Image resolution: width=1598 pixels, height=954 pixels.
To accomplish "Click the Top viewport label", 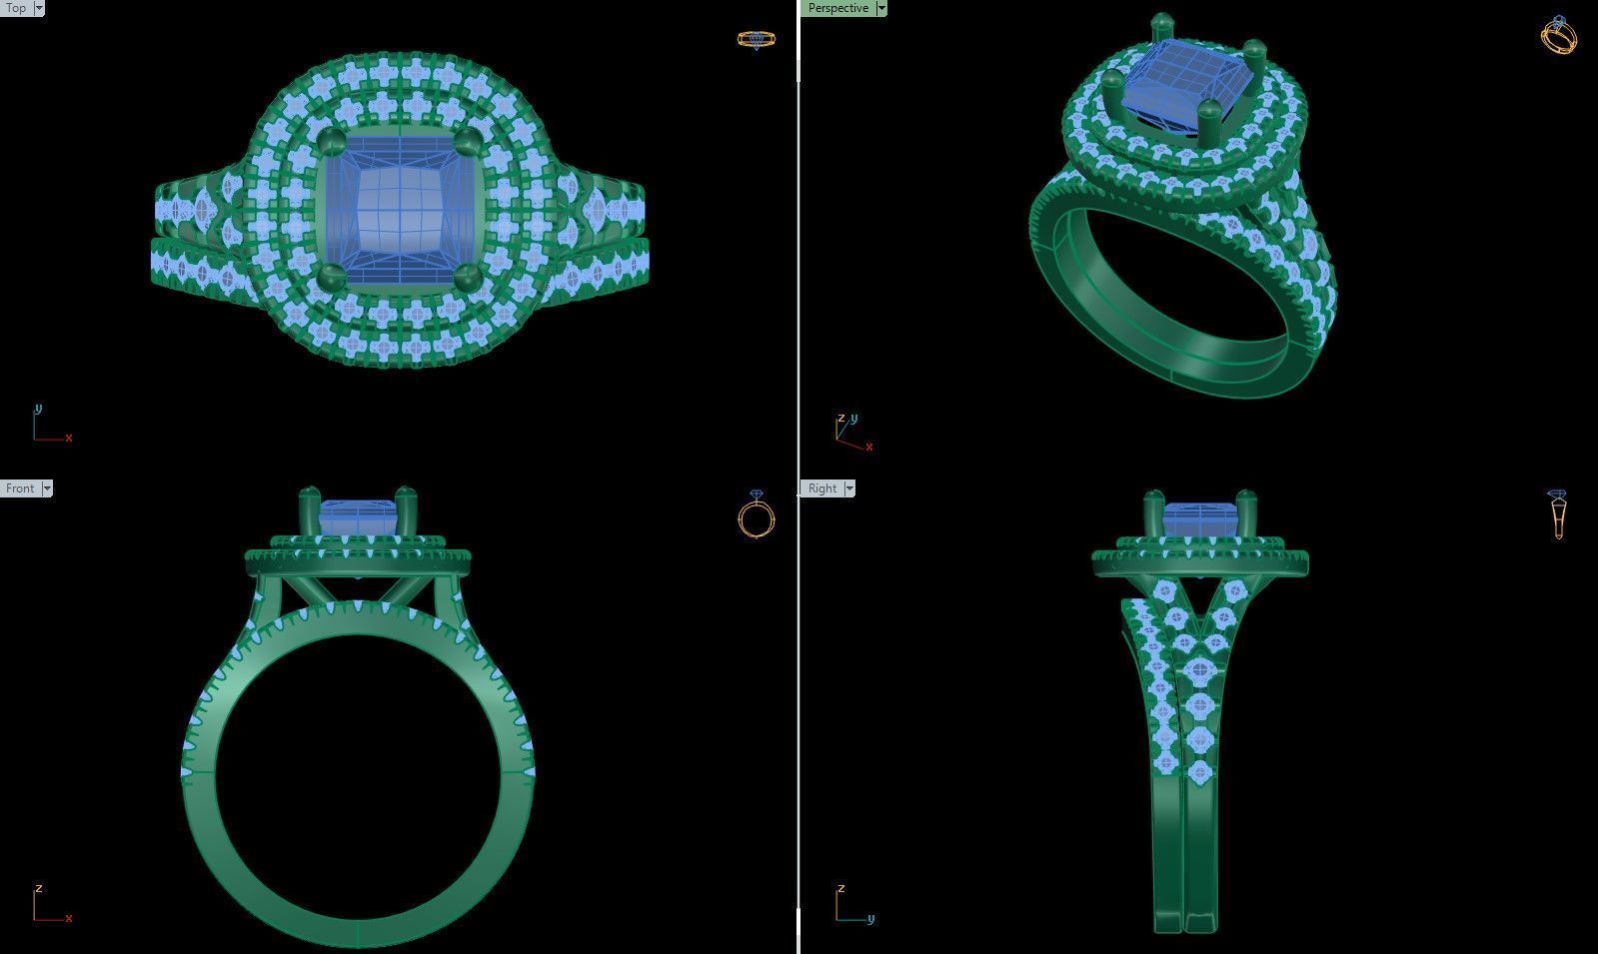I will [15, 8].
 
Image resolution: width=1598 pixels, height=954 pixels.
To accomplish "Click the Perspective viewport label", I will [837, 8].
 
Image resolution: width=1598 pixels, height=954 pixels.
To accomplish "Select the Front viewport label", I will [19, 488].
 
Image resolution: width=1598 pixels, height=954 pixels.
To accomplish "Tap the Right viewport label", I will [821, 488].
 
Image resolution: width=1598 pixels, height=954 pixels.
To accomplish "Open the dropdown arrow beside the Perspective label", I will [880, 8].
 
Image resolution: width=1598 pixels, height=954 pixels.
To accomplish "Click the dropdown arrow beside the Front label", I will [47, 488].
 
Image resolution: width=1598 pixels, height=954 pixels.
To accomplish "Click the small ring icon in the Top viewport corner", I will [756, 40].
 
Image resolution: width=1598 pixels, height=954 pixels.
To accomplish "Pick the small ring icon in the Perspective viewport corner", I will [1559, 35].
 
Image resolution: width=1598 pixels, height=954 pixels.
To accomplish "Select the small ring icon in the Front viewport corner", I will [756, 514].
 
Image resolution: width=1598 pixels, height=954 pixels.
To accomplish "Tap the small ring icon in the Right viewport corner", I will [1557, 513].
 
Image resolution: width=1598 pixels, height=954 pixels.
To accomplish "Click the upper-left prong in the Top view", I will [333, 140].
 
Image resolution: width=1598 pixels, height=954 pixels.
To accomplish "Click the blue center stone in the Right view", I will [1199, 520].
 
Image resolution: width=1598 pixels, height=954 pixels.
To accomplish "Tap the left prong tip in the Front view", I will [309, 494].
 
